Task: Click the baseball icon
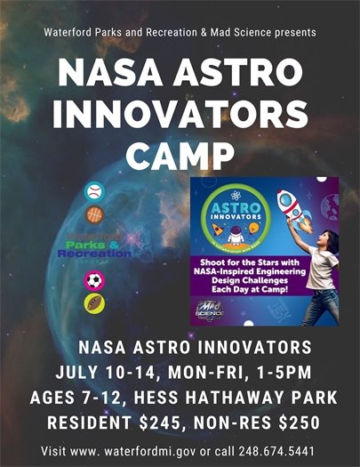click(93, 191)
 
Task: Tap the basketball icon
click(93, 214)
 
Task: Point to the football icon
click(93, 303)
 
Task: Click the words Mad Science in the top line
click(243, 32)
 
